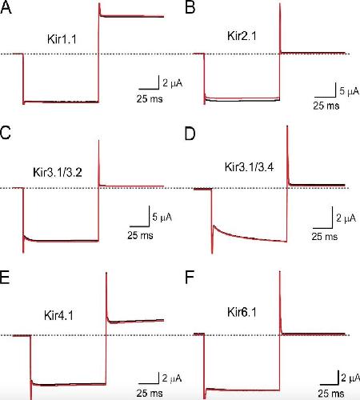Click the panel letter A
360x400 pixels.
click(6, 8)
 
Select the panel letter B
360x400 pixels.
click(190, 8)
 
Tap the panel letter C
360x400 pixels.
click(6, 132)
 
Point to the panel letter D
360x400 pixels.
click(190, 134)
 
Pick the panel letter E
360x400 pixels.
click(5, 278)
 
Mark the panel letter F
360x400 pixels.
click(189, 278)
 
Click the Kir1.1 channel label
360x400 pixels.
click(62, 39)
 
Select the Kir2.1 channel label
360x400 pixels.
click(242, 36)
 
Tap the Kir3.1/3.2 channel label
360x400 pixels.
click(58, 172)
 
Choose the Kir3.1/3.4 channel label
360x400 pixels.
click(249, 167)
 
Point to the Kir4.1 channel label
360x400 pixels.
click(58, 315)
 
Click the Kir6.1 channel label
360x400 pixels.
click(242, 312)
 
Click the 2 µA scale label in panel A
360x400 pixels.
click(173, 83)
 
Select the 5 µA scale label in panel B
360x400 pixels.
click(350, 91)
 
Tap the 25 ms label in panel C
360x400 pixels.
click(140, 235)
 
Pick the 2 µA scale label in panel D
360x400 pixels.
click(346, 218)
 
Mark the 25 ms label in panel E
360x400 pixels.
click(150, 393)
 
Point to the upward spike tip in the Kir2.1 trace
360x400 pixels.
click(280, 4)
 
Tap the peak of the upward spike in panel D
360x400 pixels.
click(287, 126)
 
